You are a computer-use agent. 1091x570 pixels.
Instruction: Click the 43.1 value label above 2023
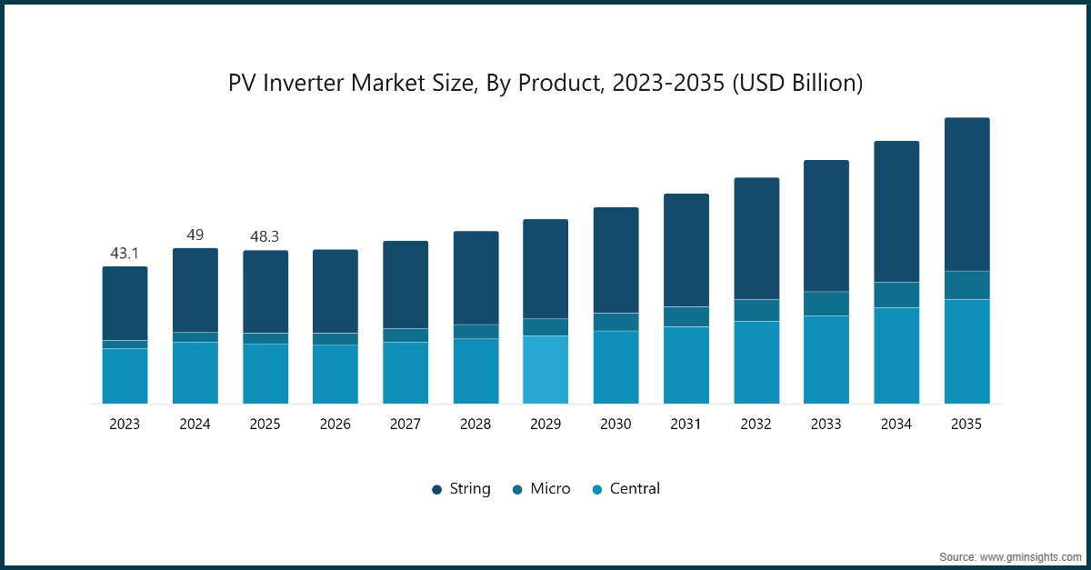point(125,254)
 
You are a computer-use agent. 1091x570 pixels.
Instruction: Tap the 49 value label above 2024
point(195,235)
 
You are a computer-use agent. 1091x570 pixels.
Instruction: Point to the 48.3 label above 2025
point(265,236)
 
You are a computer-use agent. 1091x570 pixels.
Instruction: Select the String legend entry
point(461,489)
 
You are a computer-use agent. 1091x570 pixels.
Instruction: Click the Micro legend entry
point(541,489)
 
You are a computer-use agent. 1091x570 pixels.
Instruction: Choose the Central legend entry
point(626,489)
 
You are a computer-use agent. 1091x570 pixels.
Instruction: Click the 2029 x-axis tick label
point(545,425)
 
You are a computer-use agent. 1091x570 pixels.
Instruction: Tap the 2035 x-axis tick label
point(966,425)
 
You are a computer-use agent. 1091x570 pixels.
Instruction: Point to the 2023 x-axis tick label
point(125,425)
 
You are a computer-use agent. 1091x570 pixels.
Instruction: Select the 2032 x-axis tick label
point(756,425)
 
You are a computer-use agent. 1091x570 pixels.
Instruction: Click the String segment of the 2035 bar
point(966,195)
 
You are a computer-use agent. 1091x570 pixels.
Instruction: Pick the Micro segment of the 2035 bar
point(966,285)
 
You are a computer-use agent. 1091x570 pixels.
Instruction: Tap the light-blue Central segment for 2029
point(545,370)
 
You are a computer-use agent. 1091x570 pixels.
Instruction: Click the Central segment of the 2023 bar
point(125,376)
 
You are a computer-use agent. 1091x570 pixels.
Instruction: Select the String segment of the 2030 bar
point(616,260)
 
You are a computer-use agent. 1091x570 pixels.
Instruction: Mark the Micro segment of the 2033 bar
point(826,304)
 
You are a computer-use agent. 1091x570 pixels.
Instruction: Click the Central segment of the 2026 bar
point(335,375)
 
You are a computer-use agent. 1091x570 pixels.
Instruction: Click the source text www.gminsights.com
point(1030,555)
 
